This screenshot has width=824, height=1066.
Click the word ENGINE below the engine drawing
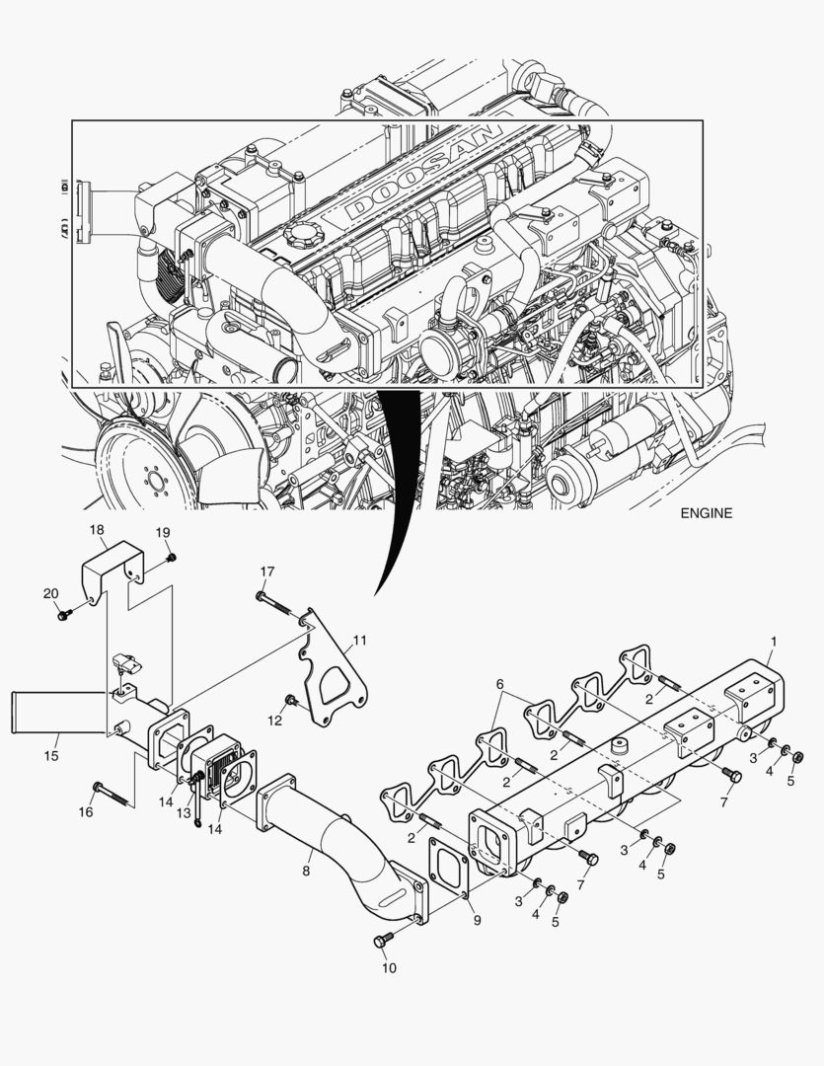click(706, 513)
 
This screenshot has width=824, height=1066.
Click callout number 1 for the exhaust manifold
click(774, 641)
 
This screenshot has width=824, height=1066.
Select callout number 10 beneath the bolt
click(389, 968)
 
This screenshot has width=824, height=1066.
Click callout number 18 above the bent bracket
click(97, 530)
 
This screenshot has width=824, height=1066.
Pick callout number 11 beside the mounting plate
click(360, 641)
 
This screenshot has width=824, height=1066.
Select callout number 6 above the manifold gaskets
click(499, 684)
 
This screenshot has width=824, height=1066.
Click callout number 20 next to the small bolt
click(50, 593)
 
